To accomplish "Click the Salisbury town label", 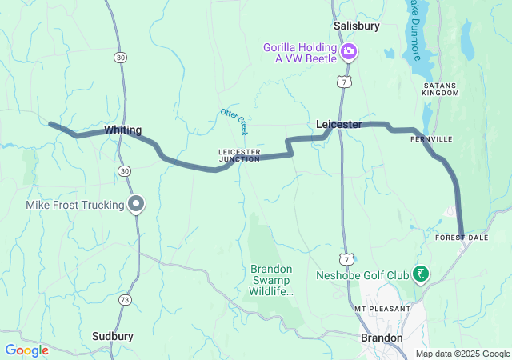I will coord(356,26).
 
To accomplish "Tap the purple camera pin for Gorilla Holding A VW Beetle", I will coord(349,53).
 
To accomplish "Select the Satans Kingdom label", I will coord(441,88).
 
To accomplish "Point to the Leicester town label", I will coord(338,124).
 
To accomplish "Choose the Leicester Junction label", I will coord(239,155).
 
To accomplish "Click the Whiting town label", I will coord(122,130).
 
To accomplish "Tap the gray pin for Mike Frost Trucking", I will coord(137,204).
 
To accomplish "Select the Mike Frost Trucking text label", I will coord(74,206).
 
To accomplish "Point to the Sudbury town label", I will coord(112,336).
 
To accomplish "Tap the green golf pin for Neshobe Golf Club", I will coord(419,275).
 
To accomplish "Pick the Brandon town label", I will coord(382,338).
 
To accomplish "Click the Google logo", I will coord(26,350).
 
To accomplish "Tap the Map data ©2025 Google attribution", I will coord(462,354).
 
